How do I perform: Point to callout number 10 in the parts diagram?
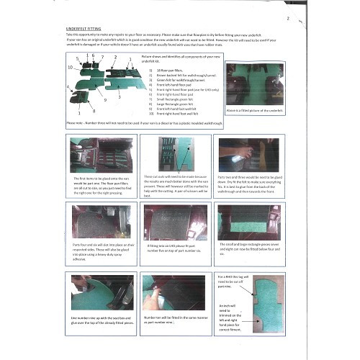click(70, 67)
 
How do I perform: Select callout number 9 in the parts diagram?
click(105, 100)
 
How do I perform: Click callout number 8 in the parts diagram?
click(94, 112)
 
